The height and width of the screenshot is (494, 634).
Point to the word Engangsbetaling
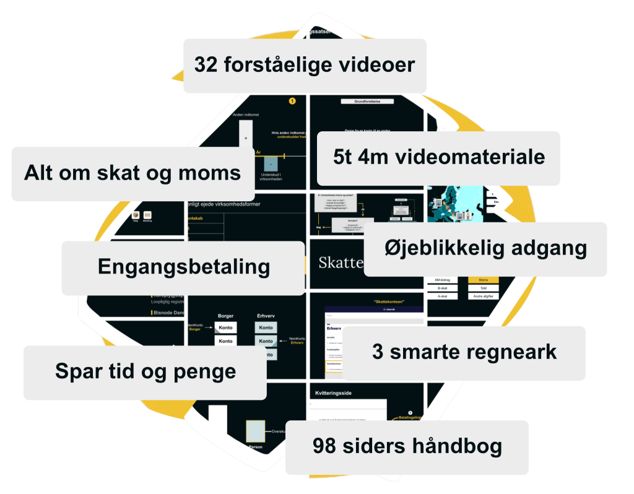click(x=184, y=267)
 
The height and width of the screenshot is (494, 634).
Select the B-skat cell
click(x=443, y=288)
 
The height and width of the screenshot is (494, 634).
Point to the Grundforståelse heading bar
click(x=366, y=101)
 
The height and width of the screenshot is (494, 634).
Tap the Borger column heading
click(x=225, y=316)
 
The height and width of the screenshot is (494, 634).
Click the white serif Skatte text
click(x=341, y=262)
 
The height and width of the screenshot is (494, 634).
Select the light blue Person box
click(x=255, y=431)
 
